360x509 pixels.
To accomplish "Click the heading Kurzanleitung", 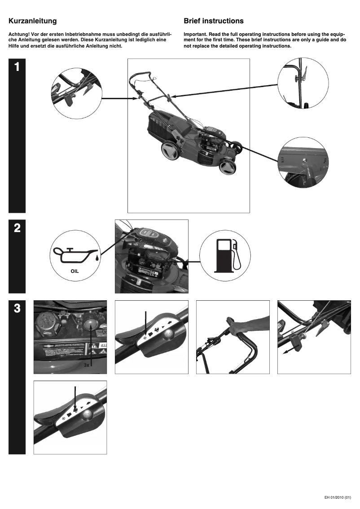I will tap(32, 21).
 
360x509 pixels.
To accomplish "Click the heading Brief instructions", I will tap(214, 21).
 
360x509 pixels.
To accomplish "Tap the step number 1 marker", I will tap(17, 67).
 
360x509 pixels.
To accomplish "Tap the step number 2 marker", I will tap(17, 228).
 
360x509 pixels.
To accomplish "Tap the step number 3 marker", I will tap(17, 308).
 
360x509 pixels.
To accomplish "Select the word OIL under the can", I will tap(75, 272).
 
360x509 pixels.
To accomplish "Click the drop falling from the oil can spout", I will tap(97, 258).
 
